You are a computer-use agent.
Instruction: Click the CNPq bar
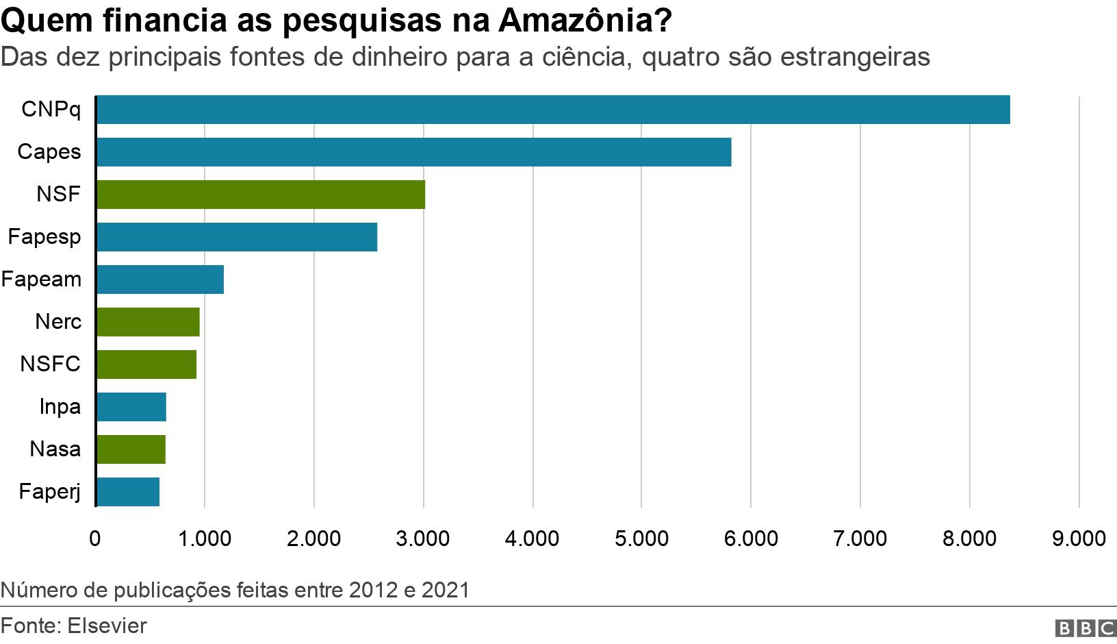click(x=553, y=110)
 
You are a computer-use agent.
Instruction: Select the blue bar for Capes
click(x=413, y=152)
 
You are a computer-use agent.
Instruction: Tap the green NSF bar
click(x=260, y=195)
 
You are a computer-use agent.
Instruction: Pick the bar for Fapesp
click(x=236, y=237)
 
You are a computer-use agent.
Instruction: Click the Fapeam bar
click(x=159, y=280)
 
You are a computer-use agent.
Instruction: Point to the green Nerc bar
click(x=148, y=322)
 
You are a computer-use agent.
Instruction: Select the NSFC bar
click(x=146, y=364)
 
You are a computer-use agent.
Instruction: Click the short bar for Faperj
click(x=127, y=492)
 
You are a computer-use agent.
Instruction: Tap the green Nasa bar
click(x=131, y=449)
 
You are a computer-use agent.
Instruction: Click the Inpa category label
click(x=60, y=407)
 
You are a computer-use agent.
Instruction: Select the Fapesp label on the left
click(x=44, y=237)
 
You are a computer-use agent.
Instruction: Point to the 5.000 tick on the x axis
click(x=641, y=538)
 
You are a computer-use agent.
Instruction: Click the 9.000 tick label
click(x=1079, y=538)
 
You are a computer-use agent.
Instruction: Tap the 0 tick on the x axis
click(x=95, y=538)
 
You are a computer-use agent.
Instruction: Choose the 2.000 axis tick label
click(x=313, y=538)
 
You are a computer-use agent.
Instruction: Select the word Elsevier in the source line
click(x=107, y=626)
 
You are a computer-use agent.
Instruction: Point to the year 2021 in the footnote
click(x=446, y=590)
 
